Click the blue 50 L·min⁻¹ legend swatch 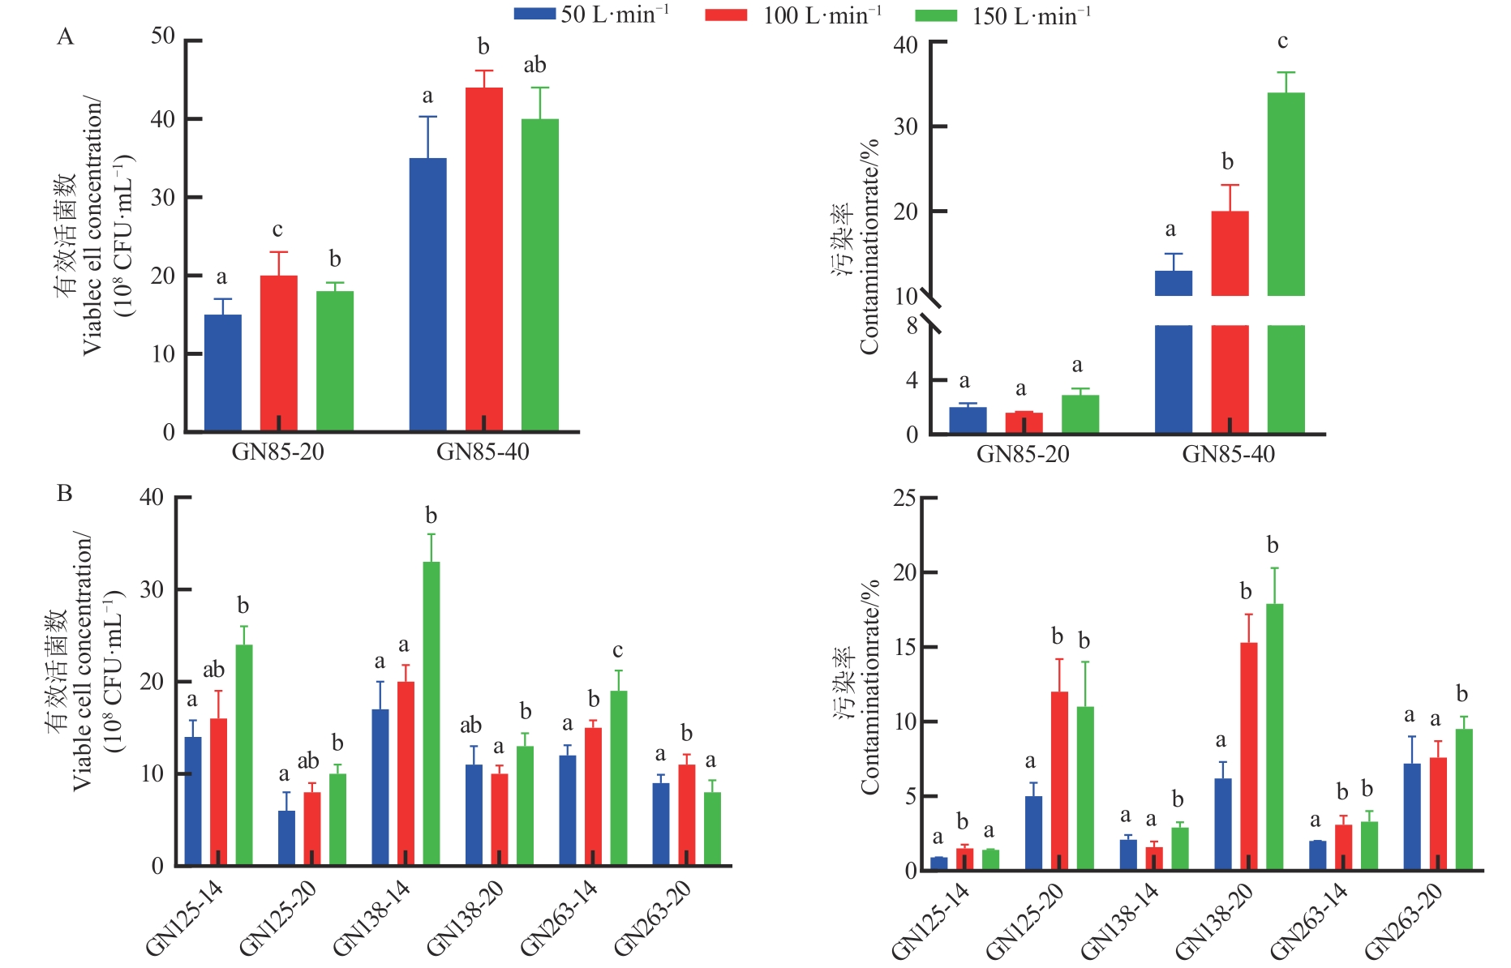(x=534, y=15)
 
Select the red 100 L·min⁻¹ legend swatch (x=726, y=15)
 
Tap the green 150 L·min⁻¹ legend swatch (x=936, y=15)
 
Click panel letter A (x=65, y=36)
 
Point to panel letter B (x=65, y=493)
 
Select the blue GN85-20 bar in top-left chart (x=222, y=372)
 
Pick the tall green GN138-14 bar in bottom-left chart (x=431, y=713)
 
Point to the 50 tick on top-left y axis (x=163, y=36)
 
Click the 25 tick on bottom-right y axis (x=904, y=498)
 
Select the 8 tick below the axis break (x=912, y=326)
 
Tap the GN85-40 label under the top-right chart (x=1228, y=454)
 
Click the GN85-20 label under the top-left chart (x=277, y=452)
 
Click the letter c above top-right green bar (x=1282, y=41)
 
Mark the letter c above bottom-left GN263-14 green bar (x=617, y=650)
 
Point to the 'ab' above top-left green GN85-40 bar (x=534, y=65)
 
